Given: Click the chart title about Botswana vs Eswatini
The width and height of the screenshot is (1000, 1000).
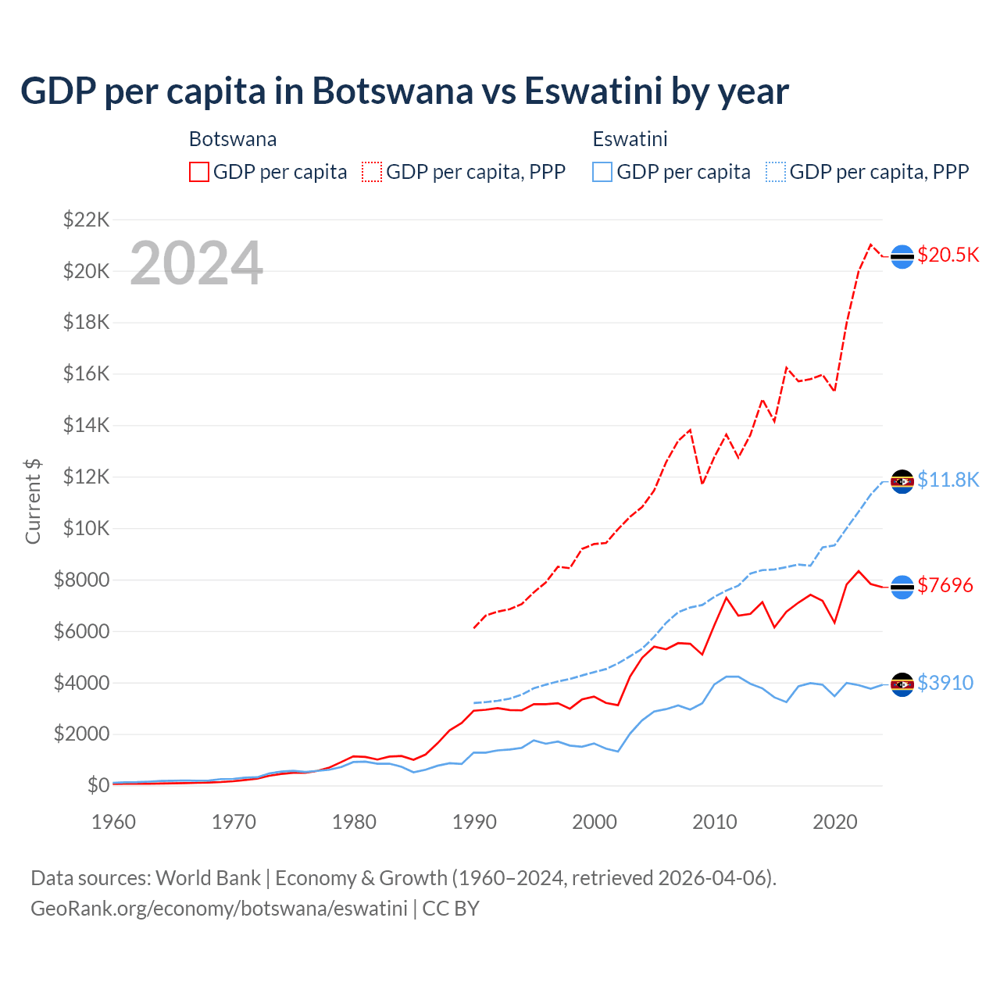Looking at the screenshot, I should tap(404, 91).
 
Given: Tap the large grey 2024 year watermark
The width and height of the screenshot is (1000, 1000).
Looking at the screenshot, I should tap(196, 263).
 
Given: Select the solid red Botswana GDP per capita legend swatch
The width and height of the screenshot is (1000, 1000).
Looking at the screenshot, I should tap(199, 172).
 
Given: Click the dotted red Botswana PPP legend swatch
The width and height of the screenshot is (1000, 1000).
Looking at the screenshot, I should tap(372, 172).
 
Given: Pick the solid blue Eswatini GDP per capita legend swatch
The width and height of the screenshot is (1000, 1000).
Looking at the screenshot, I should tap(602, 172).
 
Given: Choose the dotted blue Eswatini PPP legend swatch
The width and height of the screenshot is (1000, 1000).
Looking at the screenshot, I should tap(776, 172).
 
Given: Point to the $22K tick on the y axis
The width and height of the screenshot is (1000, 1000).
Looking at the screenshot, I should tap(86, 220).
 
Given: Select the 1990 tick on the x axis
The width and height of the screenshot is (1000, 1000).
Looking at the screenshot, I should tap(474, 822).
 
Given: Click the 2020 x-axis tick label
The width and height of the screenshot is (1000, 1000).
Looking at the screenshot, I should tap(835, 822).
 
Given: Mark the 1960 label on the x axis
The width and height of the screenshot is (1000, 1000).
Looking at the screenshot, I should tap(114, 822).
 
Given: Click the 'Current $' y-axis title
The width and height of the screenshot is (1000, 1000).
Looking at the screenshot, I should tap(33, 502).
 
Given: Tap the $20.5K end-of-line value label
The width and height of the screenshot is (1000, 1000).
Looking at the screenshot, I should tap(948, 255).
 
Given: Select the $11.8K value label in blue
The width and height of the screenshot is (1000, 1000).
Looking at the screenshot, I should tap(948, 480).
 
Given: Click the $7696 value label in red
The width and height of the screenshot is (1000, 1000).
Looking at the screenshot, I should tap(945, 585).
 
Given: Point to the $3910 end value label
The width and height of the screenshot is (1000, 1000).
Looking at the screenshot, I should tap(945, 683).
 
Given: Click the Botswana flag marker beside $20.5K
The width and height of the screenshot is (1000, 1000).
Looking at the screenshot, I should tap(902, 256).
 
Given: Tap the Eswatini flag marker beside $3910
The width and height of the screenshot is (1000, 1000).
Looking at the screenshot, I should tap(902, 684).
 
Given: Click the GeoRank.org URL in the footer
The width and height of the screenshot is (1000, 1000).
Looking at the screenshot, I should tap(219, 909).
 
